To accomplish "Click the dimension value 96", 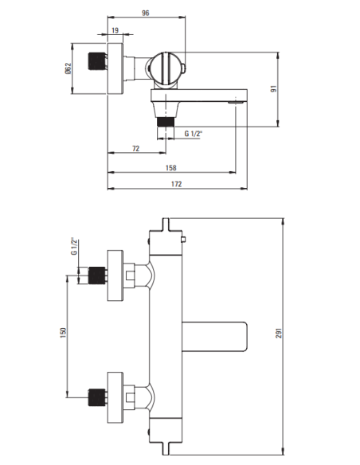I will pos(146,12).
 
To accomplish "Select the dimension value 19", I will pos(115,32).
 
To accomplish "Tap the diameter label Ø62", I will pos(68,70).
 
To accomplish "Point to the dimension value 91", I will pos(295,89).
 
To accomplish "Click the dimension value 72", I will pos(136,148).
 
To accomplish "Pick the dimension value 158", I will pos(171,168).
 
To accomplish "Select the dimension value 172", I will pos(177,184).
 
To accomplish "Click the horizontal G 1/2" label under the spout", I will pos(194,134).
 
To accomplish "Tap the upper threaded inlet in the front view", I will pos(98,275).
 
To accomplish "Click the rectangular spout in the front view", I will pos(215,334).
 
